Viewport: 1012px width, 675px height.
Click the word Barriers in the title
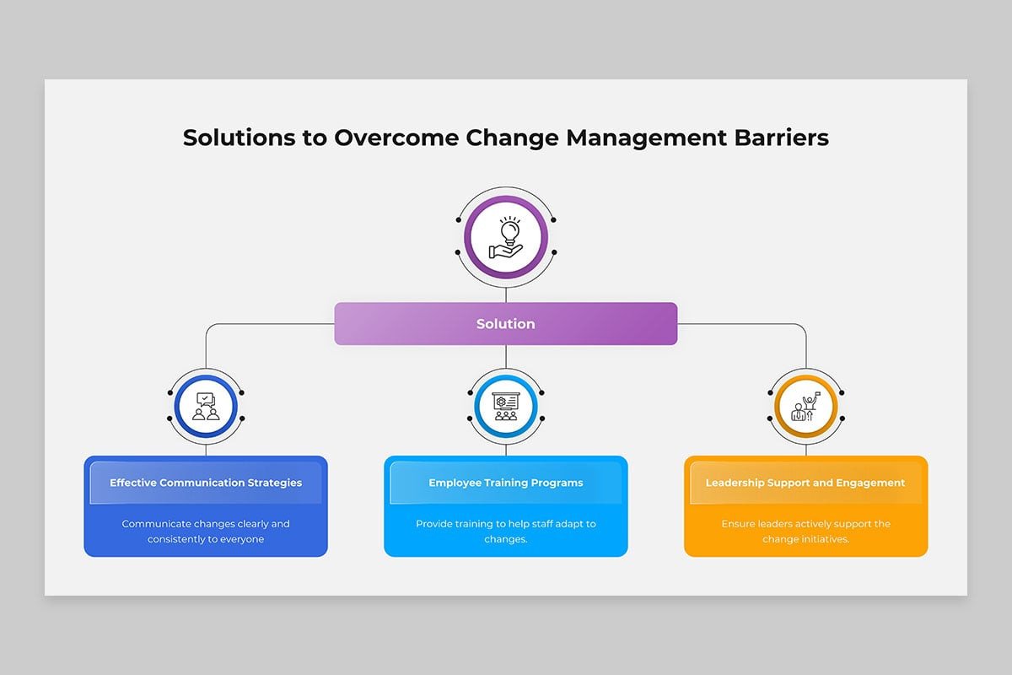pyautogui.click(x=782, y=138)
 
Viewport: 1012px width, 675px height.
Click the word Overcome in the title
pyautogui.click(x=396, y=138)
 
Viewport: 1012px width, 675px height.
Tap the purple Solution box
pyautogui.click(x=505, y=324)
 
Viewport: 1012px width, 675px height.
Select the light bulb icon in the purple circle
pyautogui.click(x=506, y=237)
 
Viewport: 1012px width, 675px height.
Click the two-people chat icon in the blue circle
pyautogui.click(x=206, y=407)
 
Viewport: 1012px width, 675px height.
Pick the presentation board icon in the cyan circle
pyautogui.click(x=506, y=407)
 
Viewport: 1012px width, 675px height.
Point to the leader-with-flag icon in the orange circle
pyautogui.click(x=805, y=407)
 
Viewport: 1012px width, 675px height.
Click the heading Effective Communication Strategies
pyautogui.click(x=206, y=483)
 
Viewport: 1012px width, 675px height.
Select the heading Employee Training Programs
pyautogui.click(x=505, y=483)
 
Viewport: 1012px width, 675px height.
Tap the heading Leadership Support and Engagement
pyautogui.click(x=805, y=483)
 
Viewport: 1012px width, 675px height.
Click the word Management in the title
pyautogui.click(x=647, y=138)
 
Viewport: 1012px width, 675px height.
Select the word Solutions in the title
pyautogui.click(x=239, y=138)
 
